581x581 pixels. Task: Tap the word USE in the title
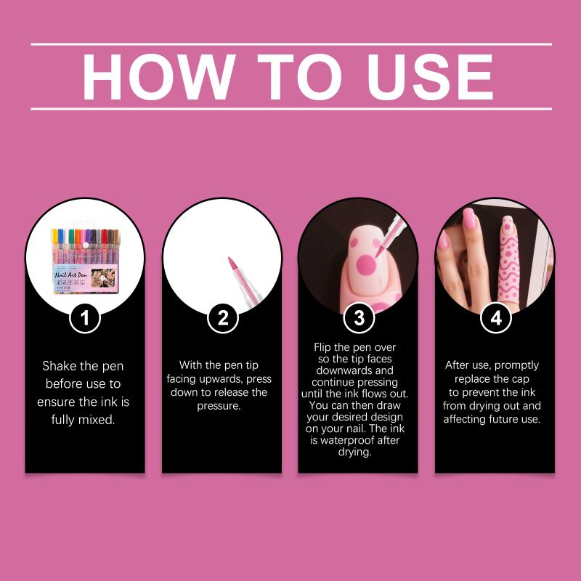pos(430,77)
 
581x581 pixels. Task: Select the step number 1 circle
pos(85,318)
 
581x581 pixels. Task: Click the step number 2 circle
pos(222,318)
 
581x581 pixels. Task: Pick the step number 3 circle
pos(359,318)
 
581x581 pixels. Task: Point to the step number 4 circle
pos(496,318)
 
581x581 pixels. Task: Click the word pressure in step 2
pos(219,406)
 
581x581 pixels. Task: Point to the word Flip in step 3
pos(322,347)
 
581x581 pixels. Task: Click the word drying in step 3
pos(354,452)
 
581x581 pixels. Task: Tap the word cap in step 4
pos(521,379)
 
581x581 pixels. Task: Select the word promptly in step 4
pos(516,366)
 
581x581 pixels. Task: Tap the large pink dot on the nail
pos(366,265)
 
